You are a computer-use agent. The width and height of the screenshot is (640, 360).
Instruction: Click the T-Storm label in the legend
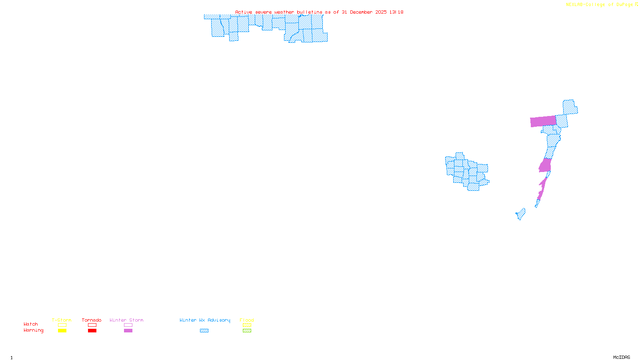click(62, 320)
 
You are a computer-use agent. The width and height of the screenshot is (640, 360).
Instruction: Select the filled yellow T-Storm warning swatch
click(62, 331)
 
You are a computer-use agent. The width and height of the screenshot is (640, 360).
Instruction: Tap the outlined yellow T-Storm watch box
click(62, 325)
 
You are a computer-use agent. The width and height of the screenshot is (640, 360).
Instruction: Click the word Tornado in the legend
click(92, 320)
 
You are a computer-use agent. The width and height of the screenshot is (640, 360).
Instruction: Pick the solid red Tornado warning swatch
click(92, 331)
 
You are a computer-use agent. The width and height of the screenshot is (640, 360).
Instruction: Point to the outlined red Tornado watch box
click(92, 325)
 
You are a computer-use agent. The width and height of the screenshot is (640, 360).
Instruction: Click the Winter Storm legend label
click(126, 320)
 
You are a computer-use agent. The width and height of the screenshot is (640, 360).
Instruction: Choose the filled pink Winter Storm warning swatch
click(128, 331)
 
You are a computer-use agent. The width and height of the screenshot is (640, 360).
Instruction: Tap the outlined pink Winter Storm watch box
click(128, 325)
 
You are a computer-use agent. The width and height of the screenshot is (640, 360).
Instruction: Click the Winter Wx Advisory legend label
click(205, 320)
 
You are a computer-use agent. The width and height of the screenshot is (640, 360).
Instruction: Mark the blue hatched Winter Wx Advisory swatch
click(204, 331)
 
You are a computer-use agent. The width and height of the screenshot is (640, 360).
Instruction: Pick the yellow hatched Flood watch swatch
click(247, 325)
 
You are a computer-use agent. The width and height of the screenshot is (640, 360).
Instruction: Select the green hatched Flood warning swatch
click(247, 331)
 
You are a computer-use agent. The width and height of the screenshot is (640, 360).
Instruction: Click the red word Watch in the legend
click(31, 324)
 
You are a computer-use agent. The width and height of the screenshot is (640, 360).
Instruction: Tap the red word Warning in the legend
click(34, 330)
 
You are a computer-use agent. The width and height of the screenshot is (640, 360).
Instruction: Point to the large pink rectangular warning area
click(543, 121)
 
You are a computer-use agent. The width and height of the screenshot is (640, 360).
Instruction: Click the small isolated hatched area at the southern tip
click(521, 214)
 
